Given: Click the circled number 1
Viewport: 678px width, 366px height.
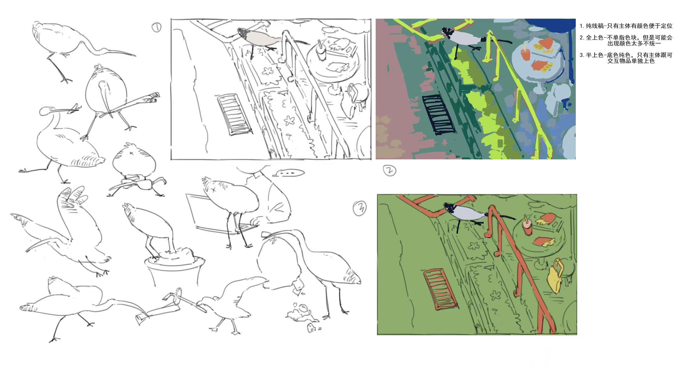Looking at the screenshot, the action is (x=156, y=27).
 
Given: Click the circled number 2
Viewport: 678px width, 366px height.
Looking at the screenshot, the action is (x=389, y=170).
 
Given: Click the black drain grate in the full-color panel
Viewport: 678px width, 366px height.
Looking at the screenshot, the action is (x=439, y=114).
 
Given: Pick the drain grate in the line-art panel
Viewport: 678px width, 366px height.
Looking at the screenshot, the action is (x=234, y=114).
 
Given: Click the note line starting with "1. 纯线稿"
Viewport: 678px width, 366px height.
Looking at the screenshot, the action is (x=626, y=26).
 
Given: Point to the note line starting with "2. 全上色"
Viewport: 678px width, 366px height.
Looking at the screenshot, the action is (x=626, y=40).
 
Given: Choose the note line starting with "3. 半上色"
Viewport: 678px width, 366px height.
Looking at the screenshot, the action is (x=626, y=58).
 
